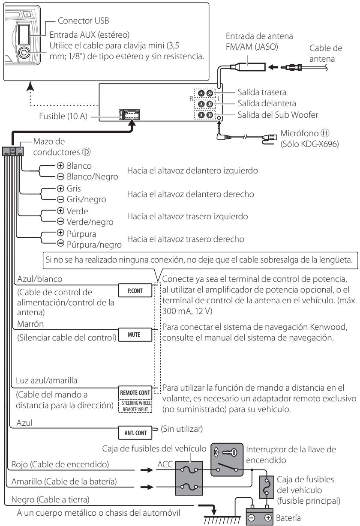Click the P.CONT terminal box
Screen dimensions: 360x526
(135, 290)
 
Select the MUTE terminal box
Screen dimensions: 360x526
(135, 335)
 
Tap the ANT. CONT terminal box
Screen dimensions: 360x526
(135, 433)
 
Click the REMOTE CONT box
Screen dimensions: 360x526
(135, 393)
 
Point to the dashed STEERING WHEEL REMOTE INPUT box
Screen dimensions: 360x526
(135, 406)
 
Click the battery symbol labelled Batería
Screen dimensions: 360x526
(259, 517)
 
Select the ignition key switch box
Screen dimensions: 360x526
(227, 460)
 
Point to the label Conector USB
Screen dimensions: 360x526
(84, 21)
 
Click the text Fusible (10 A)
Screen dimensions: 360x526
(63, 116)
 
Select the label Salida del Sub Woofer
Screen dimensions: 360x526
(278, 115)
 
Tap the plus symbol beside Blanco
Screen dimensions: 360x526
(60, 166)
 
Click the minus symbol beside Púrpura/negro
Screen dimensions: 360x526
(60, 243)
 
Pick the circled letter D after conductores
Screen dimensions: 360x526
(86, 152)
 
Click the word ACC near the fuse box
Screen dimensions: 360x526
(165, 464)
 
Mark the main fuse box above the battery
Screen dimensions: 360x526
(267, 487)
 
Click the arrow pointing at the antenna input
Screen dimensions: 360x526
(273, 67)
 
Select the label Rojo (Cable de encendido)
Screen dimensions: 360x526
(60, 464)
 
